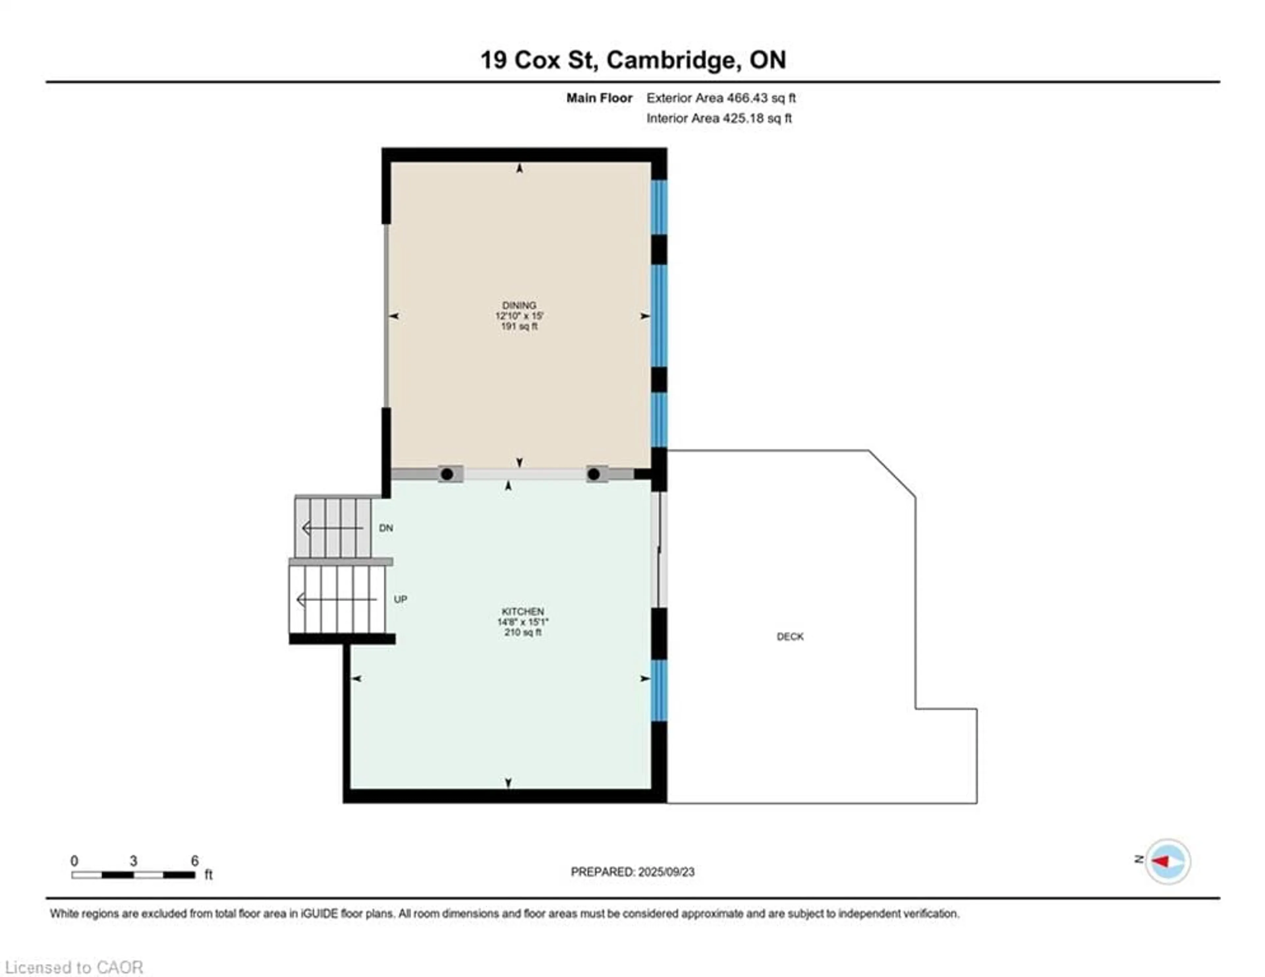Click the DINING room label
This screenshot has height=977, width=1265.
coord(519,305)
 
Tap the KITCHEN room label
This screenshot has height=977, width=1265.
coord(522,612)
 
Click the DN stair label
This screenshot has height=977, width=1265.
coord(386,528)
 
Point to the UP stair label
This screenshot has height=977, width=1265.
coord(400,599)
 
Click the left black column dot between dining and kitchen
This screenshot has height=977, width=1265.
coord(447,474)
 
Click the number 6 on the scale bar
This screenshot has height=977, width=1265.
coord(195,861)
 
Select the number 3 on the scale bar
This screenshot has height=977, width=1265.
coord(133,861)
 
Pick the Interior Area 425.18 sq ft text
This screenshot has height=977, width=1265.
coord(719,118)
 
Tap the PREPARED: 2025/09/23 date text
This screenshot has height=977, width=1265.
coord(632,872)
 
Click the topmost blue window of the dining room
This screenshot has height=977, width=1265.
coord(659,207)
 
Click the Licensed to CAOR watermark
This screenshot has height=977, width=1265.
coord(73,967)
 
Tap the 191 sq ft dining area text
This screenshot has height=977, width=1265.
coord(519,326)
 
